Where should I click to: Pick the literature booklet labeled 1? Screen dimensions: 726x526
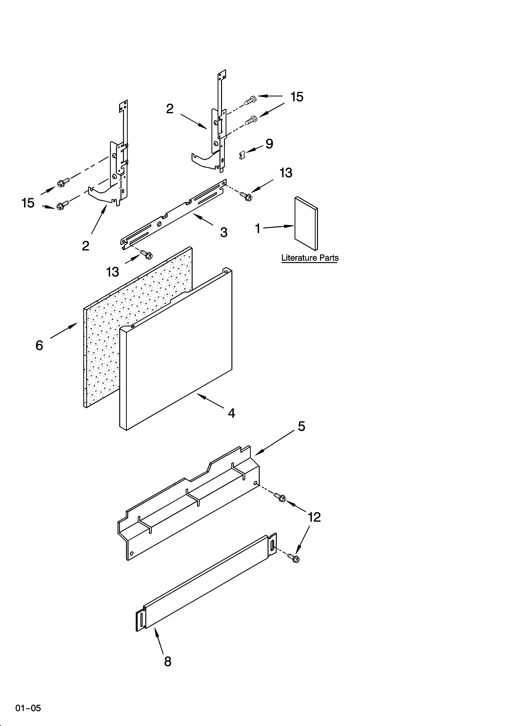coord(306,223)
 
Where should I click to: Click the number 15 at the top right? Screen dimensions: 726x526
coord(297,97)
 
